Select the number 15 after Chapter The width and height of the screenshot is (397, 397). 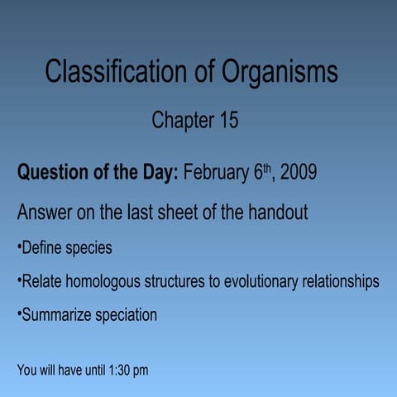point(227,121)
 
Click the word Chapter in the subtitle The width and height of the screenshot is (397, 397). point(181,121)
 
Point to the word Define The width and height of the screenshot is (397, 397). point(43,248)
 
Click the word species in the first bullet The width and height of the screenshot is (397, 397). point(89,248)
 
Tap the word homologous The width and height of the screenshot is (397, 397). point(102,282)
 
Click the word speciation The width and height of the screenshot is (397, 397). point(126,316)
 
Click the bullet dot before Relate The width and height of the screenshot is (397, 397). point(18,282)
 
